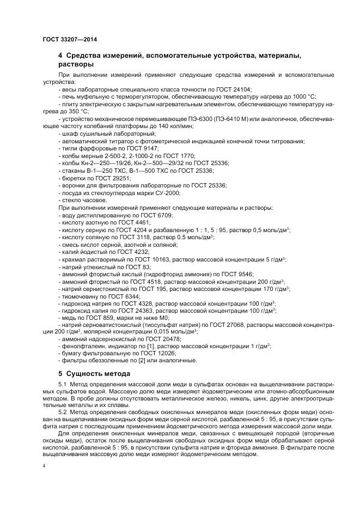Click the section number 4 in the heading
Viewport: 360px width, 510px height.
(x=60, y=56)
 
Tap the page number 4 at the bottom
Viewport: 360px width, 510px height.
(x=44, y=466)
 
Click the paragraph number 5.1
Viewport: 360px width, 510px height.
(x=63, y=386)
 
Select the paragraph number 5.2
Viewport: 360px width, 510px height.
(x=63, y=412)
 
